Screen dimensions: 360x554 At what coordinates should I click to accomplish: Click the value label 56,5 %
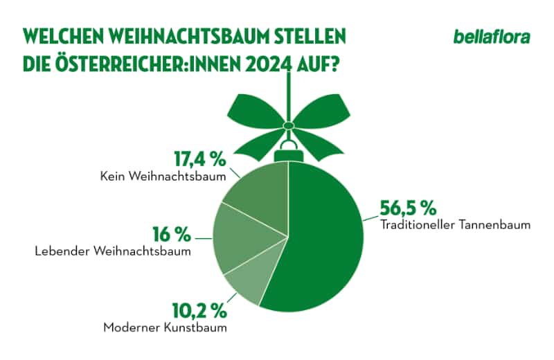pyautogui.click(x=408, y=208)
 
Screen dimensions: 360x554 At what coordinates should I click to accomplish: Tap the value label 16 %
pyautogui.click(x=171, y=233)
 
